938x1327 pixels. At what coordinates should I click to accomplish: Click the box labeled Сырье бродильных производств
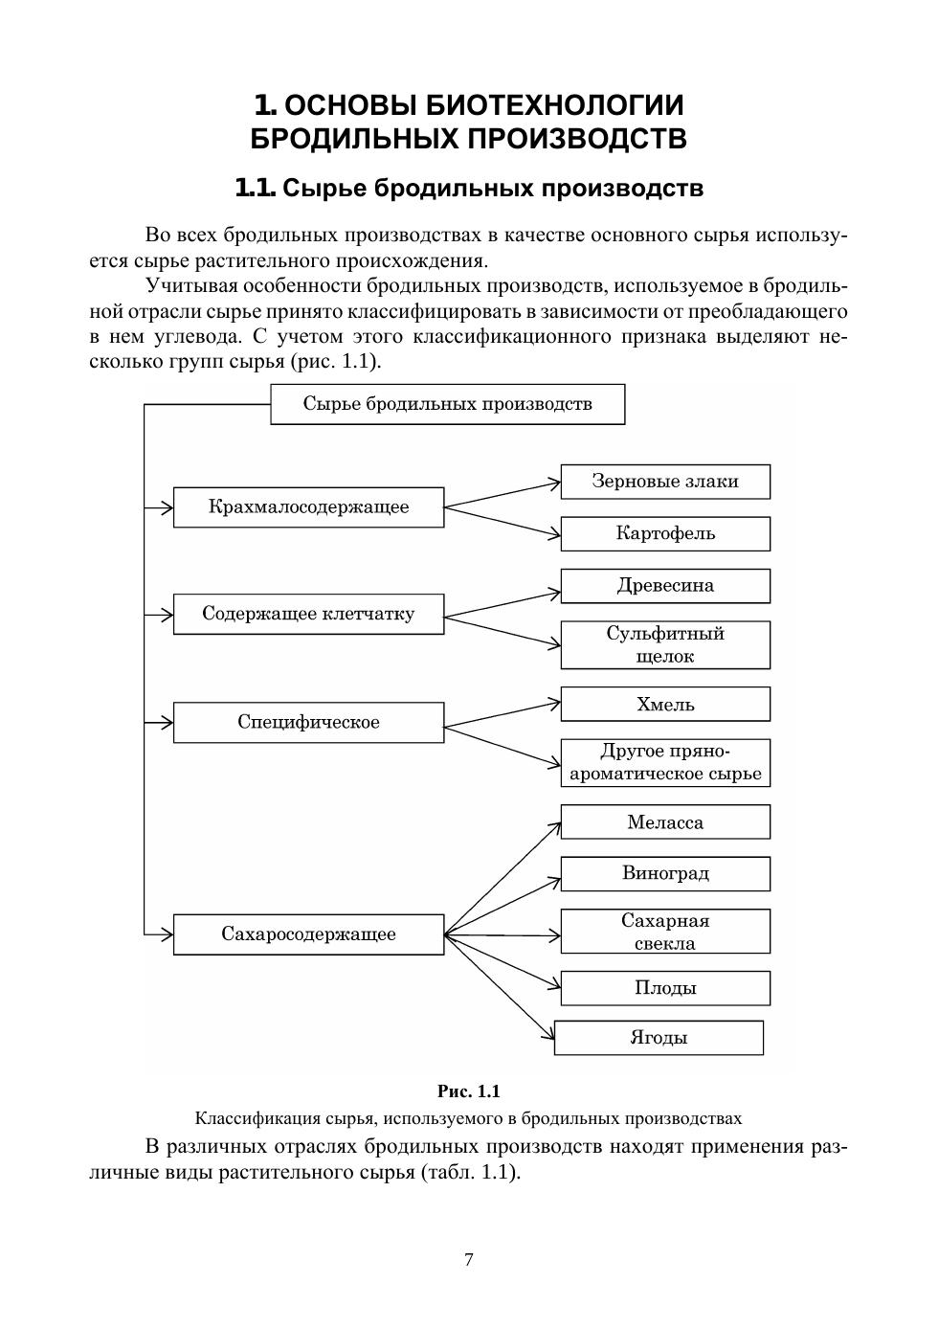pyautogui.click(x=447, y=404)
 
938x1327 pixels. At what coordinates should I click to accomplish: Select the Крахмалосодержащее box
pyautogui.click(x=308, y=507)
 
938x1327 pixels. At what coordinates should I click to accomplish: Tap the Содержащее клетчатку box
pyautogui.click(x=308, y=614)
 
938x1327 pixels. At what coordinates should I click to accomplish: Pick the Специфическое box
pyautogui.click(x=308, y=722)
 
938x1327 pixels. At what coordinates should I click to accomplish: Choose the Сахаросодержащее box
pyautogui.click(x=308, y=934)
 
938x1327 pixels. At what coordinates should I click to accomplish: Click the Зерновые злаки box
pyautogui.click(x=665, y=482)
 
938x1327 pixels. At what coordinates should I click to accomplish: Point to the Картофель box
pyautogui.click(x=665, y=533)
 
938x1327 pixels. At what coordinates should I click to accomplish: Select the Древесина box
pyautogui.click(x=665, y=586)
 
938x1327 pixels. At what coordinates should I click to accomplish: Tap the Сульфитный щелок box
pyautogui.click(x=665, y=644)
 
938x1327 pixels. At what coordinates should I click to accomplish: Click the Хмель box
pyautogui.click(x=665, y=705)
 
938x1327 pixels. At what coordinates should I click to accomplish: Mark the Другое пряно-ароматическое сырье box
pyautogui.click(x=665, y=763)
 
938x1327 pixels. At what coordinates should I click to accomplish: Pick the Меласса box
pyautogui.click(x=665, y=822)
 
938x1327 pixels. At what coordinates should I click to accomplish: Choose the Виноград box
pyautogui.click(x=665, y=873)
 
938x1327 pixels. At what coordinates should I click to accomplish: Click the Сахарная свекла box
pyautogui.click(x=665, y=932)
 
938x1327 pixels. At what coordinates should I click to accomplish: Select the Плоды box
pyautogui.click(x=665, y=988)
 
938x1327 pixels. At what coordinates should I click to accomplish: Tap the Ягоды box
pyautogui.click(x=659, y=1038)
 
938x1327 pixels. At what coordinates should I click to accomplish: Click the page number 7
pyautogui.click(x=469, y=1260)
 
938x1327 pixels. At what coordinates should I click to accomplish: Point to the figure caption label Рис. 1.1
pyautogui.click(x=469, y=1091)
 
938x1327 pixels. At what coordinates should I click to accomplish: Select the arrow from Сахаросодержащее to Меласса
pyautogui.click(x=502, y=877)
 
